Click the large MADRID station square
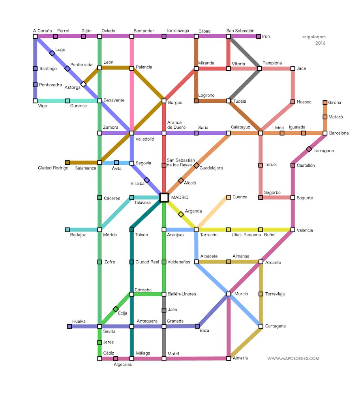click(164, 197)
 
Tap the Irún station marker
click(259, 36)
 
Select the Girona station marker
click(325, 103)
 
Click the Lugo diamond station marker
click(52, 53)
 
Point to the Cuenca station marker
click(229, 197)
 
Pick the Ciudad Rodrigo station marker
click(67, 162)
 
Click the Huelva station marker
click(69, 326)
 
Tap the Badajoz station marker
click(67, 229)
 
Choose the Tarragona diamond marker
click(309, 149)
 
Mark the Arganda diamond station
click(181, 214)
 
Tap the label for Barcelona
click(339, 133)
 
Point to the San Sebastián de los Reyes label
click(181, 162)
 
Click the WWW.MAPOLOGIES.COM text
click(293, 359)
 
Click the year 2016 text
click(321, 43)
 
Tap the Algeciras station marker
click(116, 359)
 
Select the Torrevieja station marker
click(261, 294)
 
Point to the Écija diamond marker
click(116, 309)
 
